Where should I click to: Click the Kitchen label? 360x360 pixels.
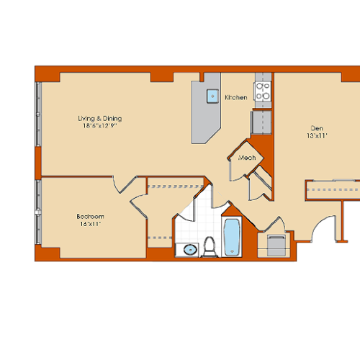pos(235,97)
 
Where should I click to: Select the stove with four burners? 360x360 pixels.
pos(263,91)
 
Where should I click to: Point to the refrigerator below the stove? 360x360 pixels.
pos(261,122)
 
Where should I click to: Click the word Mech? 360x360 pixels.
pos(248,157)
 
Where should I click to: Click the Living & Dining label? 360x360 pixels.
pos(100,118)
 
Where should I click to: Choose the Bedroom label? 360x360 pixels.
pos(91,217)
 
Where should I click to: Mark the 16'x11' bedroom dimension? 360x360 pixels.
pos(91,225)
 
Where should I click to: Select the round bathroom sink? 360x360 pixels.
pos(189,250)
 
